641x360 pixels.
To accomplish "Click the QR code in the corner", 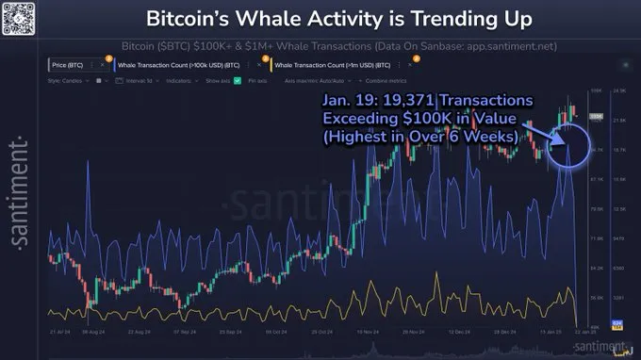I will tap(17, 16).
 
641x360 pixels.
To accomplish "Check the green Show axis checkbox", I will tap(238, 81).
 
